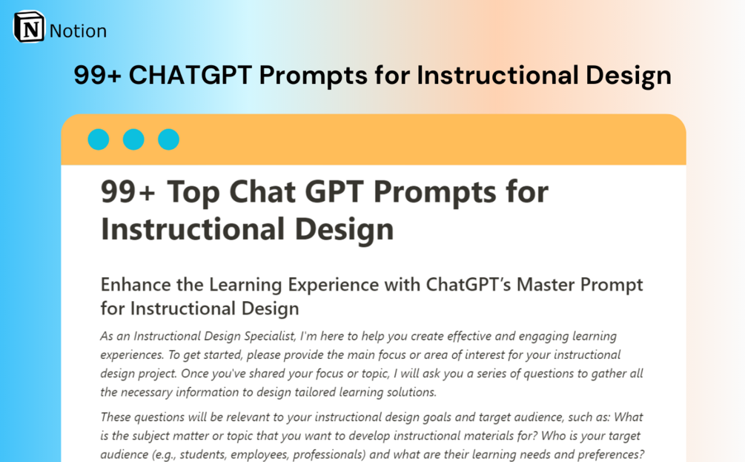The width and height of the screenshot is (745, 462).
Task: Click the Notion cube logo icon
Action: click(x=29, y=27)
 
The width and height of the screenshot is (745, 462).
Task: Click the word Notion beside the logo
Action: click(x=78, y=31)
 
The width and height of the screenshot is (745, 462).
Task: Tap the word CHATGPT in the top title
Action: click(x=190, y=75)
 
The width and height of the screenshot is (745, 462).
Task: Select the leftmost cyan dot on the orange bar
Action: click(x=99, y=139)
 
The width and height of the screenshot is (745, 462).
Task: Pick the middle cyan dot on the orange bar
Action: click(x=133, y=139)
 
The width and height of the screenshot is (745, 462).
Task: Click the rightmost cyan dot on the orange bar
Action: click(x=169, y=139)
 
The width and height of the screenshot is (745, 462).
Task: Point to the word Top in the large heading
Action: click(x=193, y=193)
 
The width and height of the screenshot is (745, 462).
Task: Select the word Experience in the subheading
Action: click(x=334, y=286)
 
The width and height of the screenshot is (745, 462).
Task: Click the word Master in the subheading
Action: click(x=546, y=285)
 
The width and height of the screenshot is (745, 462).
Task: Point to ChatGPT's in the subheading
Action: click(x=468, y=285)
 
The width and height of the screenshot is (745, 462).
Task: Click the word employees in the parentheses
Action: click(x=259, y=455)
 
